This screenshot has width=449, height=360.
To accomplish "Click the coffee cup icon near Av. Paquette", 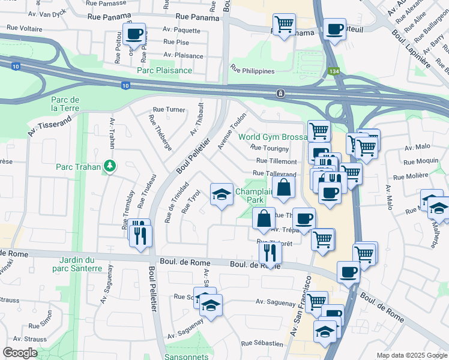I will point(134,33).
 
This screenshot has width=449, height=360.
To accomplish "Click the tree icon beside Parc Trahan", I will point(109,166).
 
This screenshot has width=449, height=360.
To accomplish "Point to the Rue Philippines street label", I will point(252,71).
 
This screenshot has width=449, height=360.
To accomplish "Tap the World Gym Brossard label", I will point(273,137).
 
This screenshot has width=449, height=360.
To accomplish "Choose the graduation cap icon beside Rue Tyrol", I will point(221,194).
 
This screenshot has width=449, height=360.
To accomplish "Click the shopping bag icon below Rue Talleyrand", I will point(284,188).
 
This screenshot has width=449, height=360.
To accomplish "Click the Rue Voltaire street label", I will point(27,28).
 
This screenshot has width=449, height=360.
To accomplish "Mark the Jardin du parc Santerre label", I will point(81,264).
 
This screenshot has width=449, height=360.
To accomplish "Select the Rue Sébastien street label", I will point(262,344).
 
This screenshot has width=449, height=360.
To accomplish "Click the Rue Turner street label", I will point(169,110).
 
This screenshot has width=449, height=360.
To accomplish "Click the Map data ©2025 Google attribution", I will point(411,355).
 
